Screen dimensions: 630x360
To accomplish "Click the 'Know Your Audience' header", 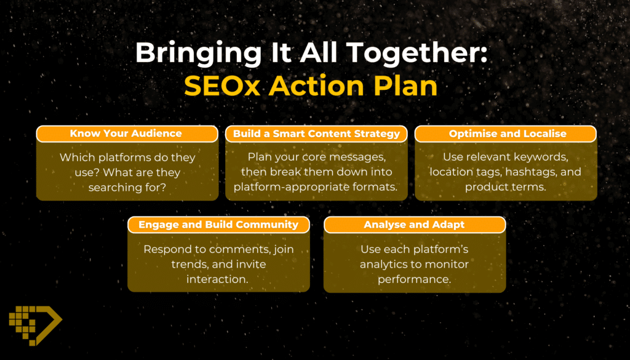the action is (x=127, y=134).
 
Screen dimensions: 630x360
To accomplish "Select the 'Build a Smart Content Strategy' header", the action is (x=317, y=134).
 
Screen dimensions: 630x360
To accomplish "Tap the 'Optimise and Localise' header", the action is (x=506, y=134).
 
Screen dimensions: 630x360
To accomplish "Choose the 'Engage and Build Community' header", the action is (x=218, y=225).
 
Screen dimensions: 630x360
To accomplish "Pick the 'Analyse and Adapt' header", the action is (x=415, y=225).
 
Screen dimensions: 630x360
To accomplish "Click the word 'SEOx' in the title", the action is (x=222, y=86).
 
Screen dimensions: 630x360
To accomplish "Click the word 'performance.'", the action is (x=414, y=279).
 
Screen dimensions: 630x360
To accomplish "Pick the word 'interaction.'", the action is (x=217, y=279).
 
